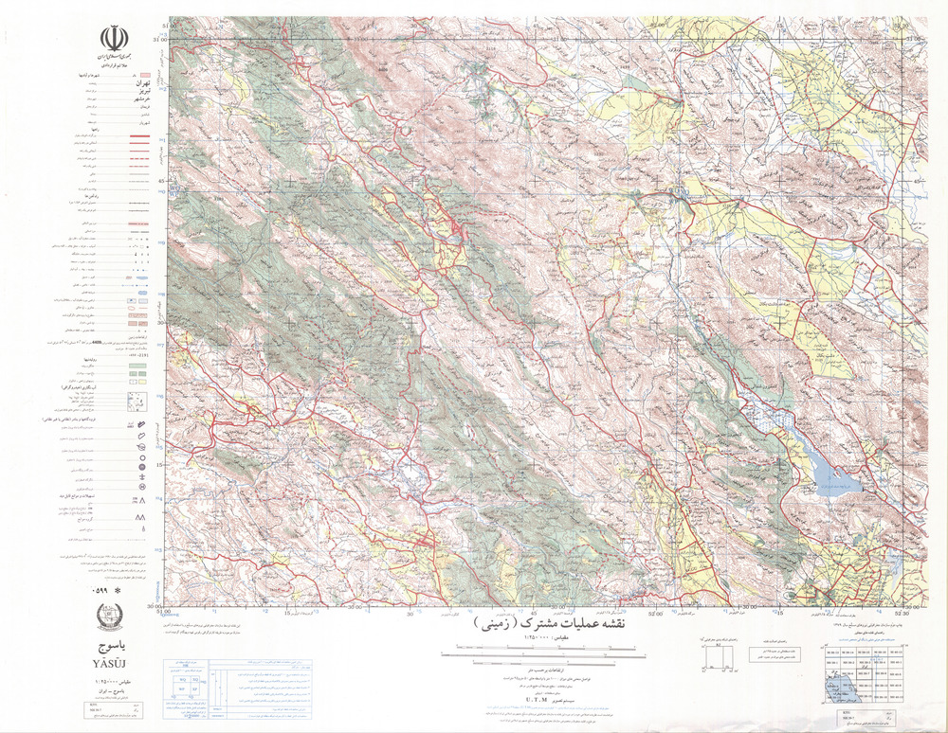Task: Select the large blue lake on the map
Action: pyautogui.click(x=831, y=480)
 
